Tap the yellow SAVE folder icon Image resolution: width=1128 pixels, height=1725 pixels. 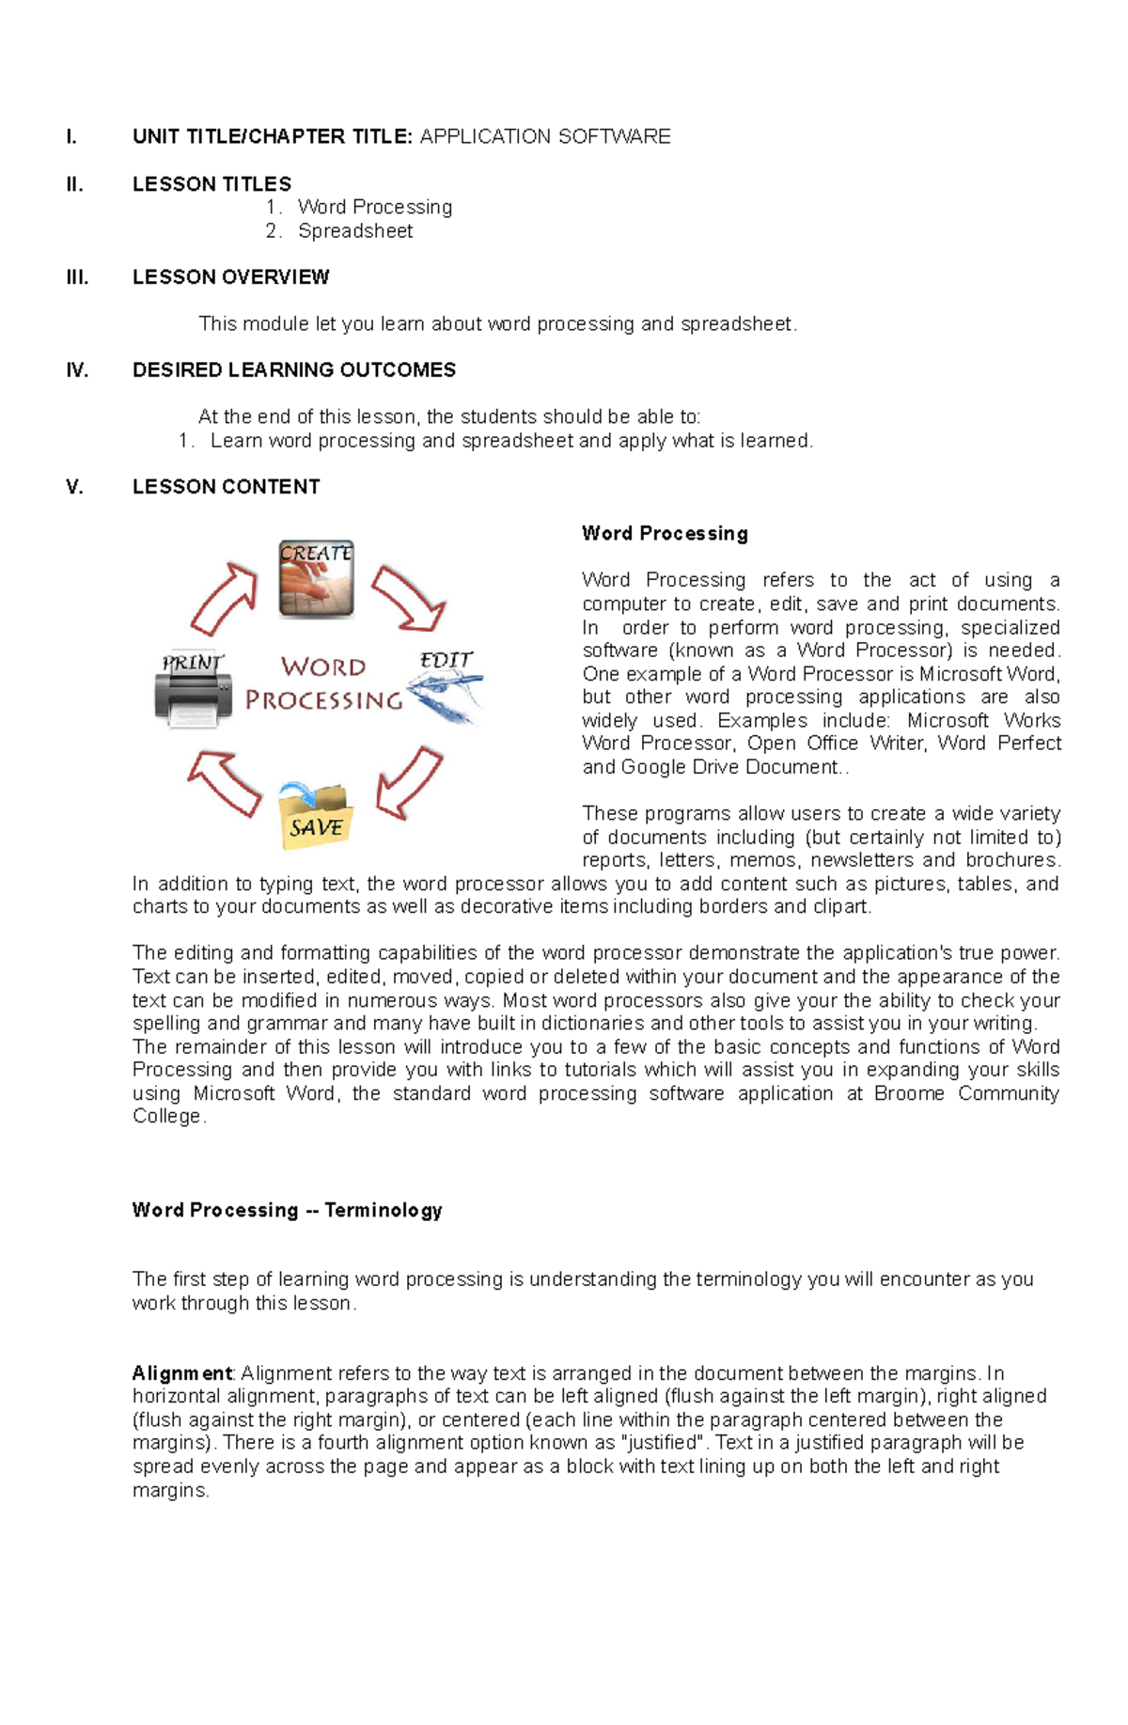click(x=316, y=816)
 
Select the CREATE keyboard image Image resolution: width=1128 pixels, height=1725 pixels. click(x=316, y=579)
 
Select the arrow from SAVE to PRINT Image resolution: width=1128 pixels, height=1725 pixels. click(x=225, y=782)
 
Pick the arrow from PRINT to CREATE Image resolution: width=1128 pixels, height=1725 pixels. click(x=224, y=599)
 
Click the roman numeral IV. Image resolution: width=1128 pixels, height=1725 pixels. click(x=77, y=370)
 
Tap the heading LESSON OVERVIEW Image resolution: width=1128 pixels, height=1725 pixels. click(x=230, y=277)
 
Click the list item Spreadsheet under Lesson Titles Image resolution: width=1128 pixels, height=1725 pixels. click(x=354, y=231)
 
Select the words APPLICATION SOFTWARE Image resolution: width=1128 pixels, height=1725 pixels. click(x=544, y=137)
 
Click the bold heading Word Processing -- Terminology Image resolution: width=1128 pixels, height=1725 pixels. click(x=287, y=1211)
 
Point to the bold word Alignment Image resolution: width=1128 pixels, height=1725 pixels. click(x=181, y=1373)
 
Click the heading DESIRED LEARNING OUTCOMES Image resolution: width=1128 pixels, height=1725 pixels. click(x=293, y=370)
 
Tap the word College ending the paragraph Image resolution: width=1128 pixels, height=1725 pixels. click(x=166, y=1117)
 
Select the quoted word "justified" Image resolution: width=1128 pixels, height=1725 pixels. click(x=664, y=1443)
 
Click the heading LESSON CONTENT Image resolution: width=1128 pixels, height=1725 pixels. click(x=226, y=487)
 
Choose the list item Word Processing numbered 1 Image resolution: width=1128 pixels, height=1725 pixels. click(x=374, y=208)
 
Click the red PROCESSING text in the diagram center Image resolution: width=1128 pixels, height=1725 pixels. click(x=323, y=700)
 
